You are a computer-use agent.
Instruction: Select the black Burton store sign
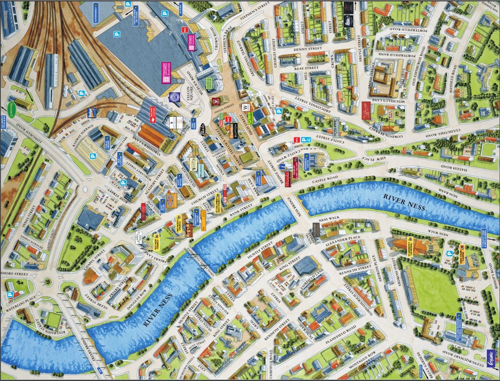click(x=236, y=130)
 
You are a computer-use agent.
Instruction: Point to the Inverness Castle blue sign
click(x=306, y=162)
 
